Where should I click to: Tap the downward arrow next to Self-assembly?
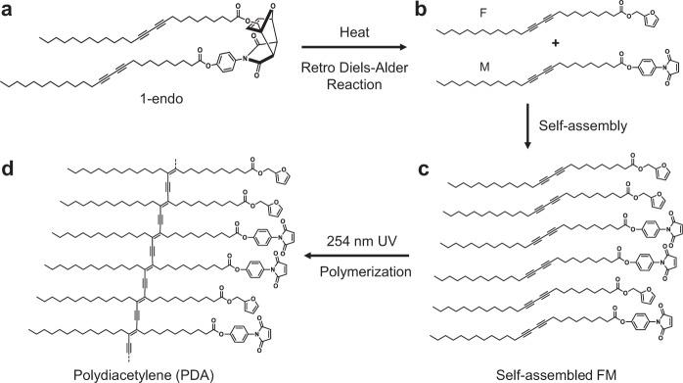[x=525, y=125]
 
